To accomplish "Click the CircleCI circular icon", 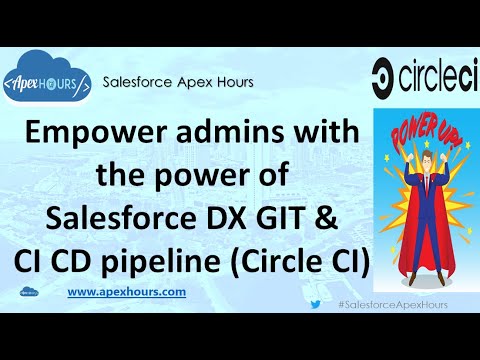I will [x=390, y=75].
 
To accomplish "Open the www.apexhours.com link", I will [x=126, y=291].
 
